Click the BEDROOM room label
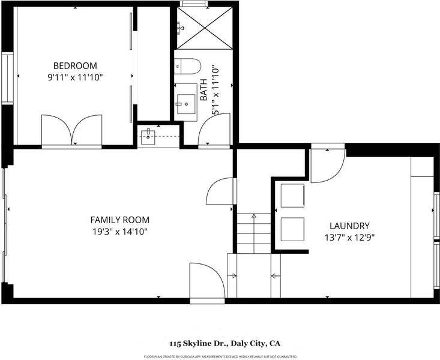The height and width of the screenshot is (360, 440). tap(75, 65)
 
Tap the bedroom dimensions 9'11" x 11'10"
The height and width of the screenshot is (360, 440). tap(75, 77)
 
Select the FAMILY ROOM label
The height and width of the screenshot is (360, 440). tap(120, 220)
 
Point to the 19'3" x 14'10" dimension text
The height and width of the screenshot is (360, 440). tap(120, 232)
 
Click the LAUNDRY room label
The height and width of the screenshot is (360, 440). tap(349, 226)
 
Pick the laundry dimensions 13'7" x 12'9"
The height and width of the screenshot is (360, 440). tap(349, 238)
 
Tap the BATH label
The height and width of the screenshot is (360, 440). tap(203, 90)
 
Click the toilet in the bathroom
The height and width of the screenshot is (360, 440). tap(187, 66)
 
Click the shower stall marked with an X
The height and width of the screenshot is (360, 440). tap(205, 28)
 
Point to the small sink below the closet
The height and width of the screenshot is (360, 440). tap(148, 137)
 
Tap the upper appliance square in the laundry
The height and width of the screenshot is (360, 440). tap(293, 196)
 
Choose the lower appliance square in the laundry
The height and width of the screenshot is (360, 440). tap(293, 229)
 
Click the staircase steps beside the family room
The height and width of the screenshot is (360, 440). tap(254, 233)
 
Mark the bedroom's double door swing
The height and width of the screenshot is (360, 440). tap(72, 131)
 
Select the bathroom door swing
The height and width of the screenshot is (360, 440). tap(214, 130)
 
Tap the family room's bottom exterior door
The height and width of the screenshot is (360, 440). tap(207, 282)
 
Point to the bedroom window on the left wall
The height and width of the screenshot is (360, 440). tap(8, 78)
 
